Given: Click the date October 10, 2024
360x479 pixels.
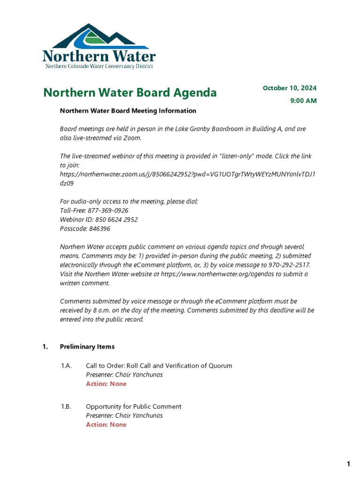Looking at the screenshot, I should coord(289,88).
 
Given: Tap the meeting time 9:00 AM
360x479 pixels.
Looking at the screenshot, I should coord(303,101).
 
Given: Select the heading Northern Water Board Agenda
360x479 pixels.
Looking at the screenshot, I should coord(130,93).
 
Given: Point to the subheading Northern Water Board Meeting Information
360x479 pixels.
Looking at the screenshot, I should coord(128,111).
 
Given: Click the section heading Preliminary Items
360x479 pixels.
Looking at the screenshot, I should coord(87,347).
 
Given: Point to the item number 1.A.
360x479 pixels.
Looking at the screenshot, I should coord(66,365).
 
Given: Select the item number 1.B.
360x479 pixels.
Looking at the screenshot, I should coord(66,406).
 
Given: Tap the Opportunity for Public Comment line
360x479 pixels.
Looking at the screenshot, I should coord(133,406).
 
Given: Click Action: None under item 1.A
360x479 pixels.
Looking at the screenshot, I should coord(106,384).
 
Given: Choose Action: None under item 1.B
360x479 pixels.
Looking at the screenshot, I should coord(106,425).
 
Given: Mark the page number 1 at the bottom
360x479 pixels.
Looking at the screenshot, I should coord(348,464).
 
